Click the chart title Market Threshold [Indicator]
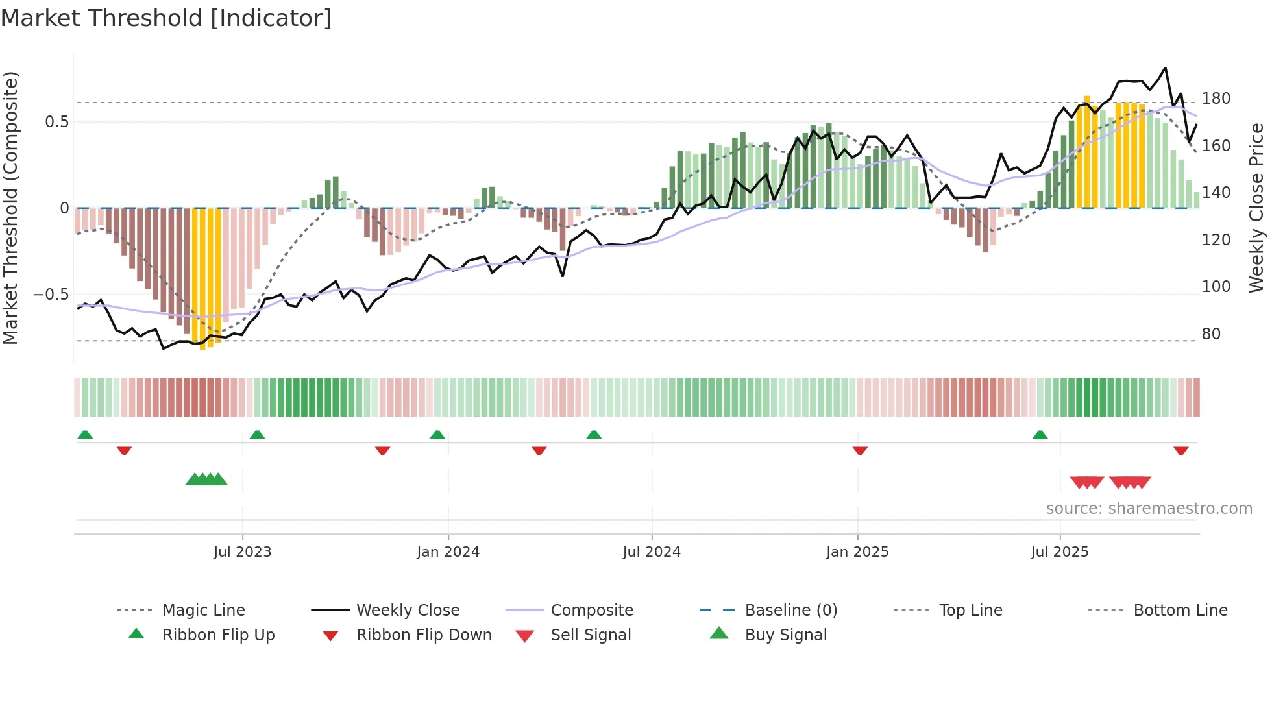tap(166, 18)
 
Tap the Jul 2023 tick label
tap(242, 552)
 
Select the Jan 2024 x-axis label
tap(448, 552)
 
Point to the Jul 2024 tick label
tap(652, 552)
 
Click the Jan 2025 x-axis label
tap(857, 552)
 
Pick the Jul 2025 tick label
tap(1060, 552)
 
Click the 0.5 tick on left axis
tap(56, 122)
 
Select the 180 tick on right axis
tap(1216, 99)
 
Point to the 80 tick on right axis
tap(1211, 334)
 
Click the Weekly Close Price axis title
tap(1256, 208)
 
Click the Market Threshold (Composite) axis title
tap(10, 208)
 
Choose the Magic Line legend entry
tap(203, 611)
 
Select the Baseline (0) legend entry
tap(790, 611)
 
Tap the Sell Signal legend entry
tap(590, 635)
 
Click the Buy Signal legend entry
tap(785, 635)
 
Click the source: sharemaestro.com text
tap(1149, 509)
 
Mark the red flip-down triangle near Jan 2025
tap(860, 450)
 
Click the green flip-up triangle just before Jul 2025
tap(1040, 435)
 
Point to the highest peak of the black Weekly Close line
tap(1166, 68)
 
